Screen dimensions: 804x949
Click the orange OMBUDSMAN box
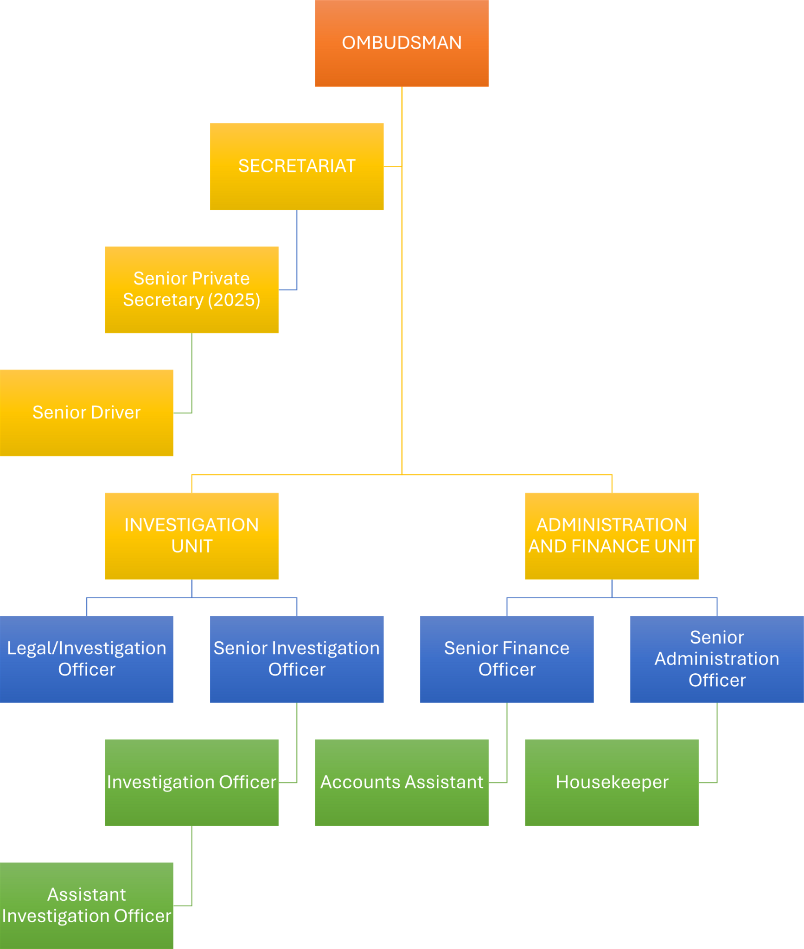[402, 43]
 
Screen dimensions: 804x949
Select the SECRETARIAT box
[297, 166]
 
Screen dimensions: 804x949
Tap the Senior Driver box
[87, 413]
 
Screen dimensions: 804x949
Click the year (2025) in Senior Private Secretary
[234, 300]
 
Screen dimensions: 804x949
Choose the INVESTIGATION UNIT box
[191, 536]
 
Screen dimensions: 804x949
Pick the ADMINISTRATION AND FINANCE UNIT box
[612, 536]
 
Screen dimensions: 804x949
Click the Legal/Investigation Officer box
[87, 659]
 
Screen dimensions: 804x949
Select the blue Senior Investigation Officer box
[297, 659]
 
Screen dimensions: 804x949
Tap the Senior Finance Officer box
[507, 659]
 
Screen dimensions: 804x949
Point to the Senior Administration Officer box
[717, 659]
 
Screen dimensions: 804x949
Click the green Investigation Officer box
[191, 783]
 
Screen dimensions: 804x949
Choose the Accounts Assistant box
[402, 783]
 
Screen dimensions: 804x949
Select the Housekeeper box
[612, 783]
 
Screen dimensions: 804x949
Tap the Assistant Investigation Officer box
[87, 906]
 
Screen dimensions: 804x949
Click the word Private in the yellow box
[221, 278]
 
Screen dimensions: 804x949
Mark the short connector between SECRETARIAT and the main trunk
[393, 166]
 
